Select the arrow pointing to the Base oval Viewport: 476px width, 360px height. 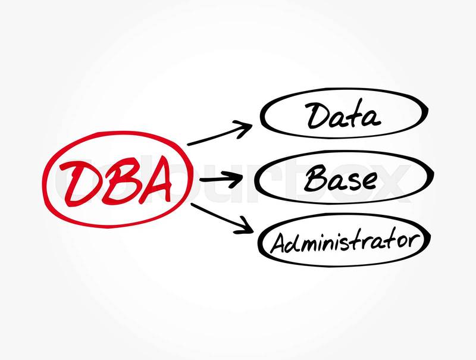[x=221, y=180]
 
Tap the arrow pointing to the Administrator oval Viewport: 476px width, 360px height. [x=222, y=218]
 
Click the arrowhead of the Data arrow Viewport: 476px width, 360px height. [x=245, y=129]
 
